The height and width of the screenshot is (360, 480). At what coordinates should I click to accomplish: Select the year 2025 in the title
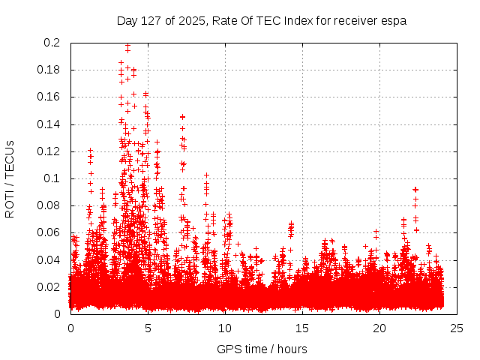(x=191, y=21)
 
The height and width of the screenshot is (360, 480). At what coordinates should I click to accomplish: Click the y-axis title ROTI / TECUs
(x=10, y=178)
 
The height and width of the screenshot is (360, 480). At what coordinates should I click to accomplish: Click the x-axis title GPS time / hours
(x=262, y=349)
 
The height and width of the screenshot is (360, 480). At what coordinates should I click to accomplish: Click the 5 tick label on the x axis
(x=148, y=328)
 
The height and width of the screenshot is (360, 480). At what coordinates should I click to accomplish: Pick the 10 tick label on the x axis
(x=225, y=328)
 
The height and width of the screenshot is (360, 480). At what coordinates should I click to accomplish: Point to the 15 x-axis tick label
(x=302, y=328)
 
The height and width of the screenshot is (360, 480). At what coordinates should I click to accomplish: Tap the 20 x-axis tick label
(x=379, y=328)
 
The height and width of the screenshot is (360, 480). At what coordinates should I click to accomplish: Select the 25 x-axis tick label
(x=457, y=328)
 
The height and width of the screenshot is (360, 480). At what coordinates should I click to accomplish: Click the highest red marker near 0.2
(x=127, y=46)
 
